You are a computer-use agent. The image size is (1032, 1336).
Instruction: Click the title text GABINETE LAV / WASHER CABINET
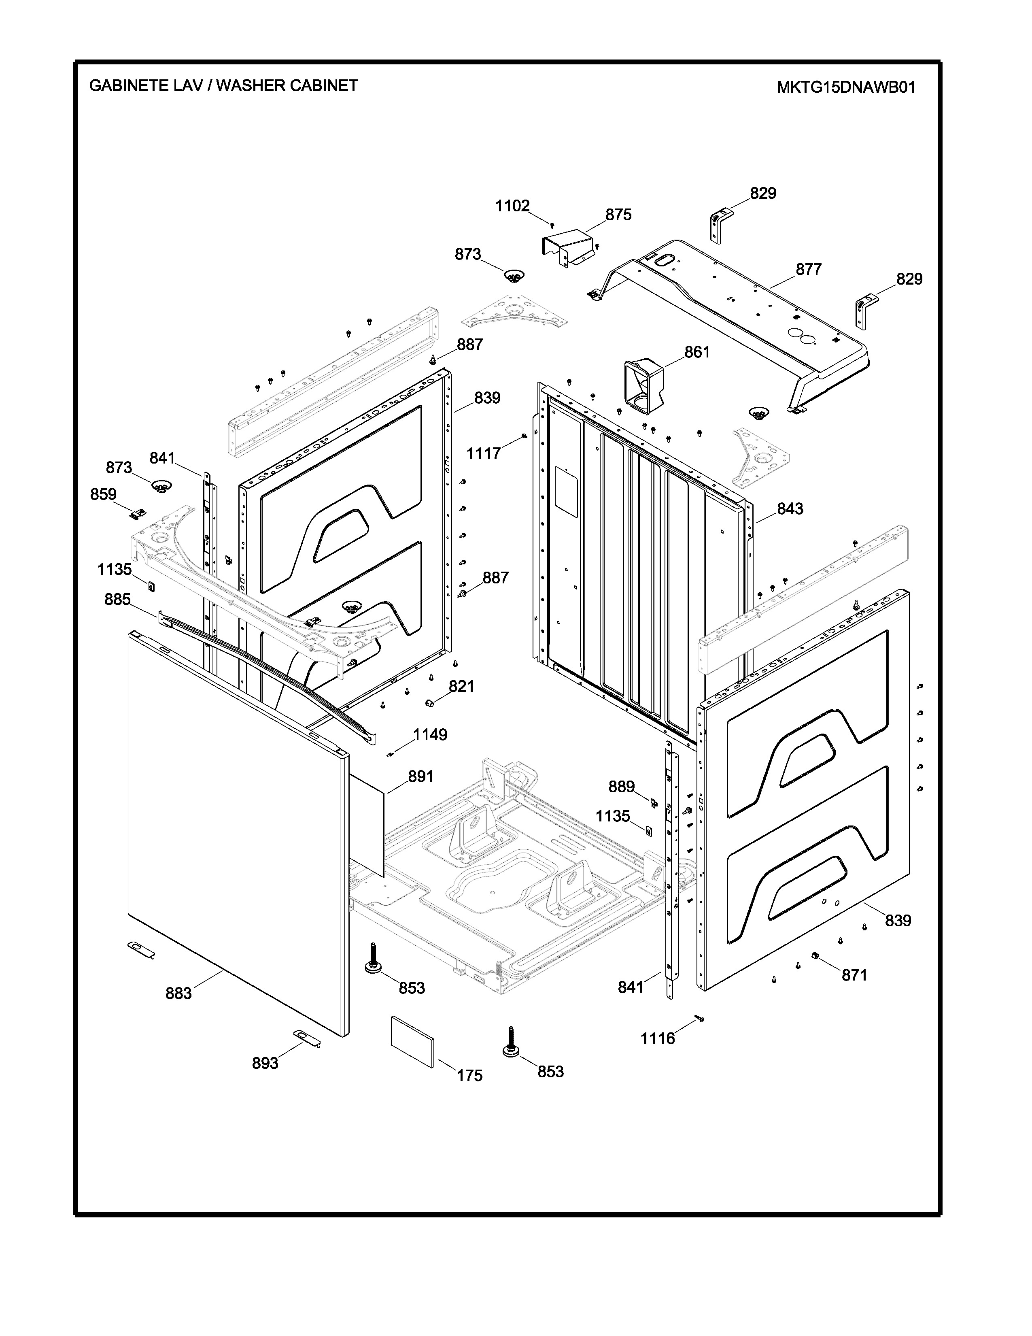(223, 86)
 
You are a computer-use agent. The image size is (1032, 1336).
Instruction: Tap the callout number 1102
(512, 206)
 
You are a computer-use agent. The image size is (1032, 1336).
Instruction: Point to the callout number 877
(808, 269)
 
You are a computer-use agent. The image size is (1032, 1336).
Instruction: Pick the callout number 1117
(484, 453)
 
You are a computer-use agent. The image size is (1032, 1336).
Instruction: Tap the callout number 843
(790, 508)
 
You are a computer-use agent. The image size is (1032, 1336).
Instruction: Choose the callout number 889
(621, 787)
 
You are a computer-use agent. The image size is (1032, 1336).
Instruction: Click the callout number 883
(178, 993)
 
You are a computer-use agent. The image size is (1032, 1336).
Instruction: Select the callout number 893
(265, 1063)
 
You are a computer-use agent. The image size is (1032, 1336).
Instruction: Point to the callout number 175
(469, 1075)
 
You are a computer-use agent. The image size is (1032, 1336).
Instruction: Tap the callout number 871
(854, 975)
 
